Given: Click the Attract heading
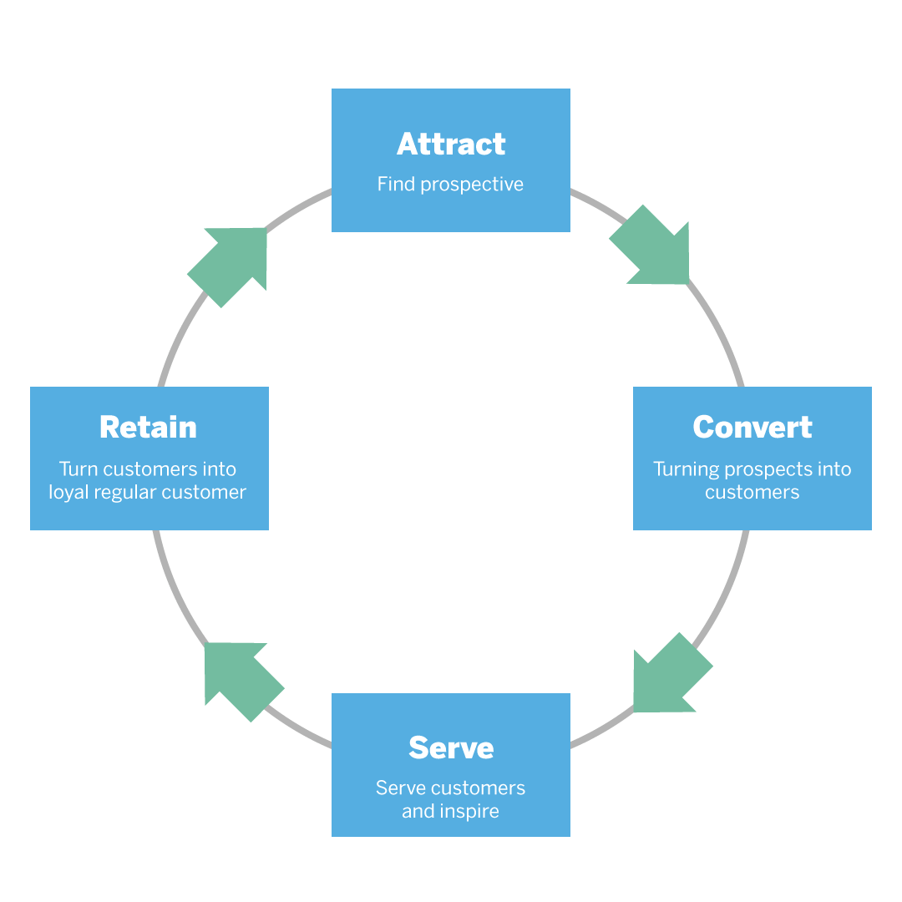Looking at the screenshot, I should click(451, 144).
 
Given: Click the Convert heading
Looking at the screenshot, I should click(752, 428).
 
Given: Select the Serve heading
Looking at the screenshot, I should click(451, 747).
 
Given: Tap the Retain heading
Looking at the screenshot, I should click(148, 428).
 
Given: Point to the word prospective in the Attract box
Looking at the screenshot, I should click(472, 185).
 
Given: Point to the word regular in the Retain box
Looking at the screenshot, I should click(125, 493).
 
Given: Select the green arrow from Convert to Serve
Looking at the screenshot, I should click(668, 675).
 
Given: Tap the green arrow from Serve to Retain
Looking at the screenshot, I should click(241, 678).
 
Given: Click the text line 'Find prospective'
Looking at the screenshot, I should click(451, 185).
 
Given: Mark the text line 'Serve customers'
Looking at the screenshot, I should click(451, 788).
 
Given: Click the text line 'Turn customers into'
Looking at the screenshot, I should click(148, 469).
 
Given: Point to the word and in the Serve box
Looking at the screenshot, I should click(418, 811).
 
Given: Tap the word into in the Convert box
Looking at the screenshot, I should click(834, 469).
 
